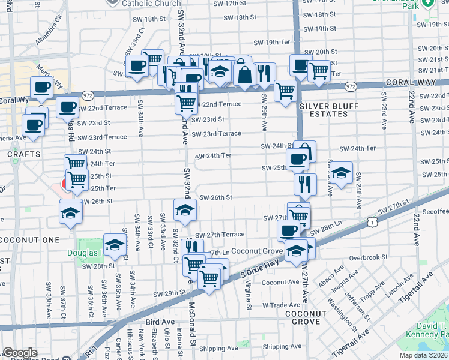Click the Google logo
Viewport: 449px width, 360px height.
20,353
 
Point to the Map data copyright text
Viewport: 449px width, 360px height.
423,355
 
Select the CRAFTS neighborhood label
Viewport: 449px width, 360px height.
24,154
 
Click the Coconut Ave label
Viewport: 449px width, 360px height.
280,282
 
